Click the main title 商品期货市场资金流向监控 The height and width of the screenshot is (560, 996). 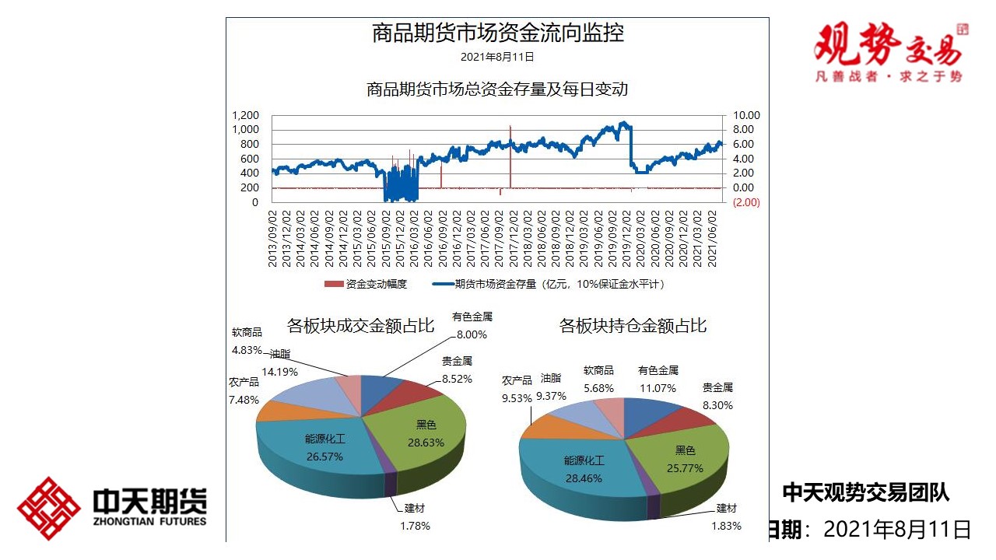pyautogui.click(x=498, y=33)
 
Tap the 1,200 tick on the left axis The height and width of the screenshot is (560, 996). pyautogui.click(x=245, y=115)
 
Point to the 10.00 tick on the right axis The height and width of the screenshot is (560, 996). pyautogui.click(x=745, y=115)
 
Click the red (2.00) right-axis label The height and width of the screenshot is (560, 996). pyautogui.click(x=745, y=202)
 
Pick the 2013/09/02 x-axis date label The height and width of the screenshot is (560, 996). pyautogui.click(x=273, y=237)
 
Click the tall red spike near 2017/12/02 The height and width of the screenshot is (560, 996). pyautogui.click(x=510, y=156)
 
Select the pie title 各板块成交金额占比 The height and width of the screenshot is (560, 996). pyautogui.click(x=361, y=325)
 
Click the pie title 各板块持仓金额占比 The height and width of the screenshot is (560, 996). pyautogui.click(x=633, y=325)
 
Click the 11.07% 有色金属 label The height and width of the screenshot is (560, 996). pyautogui.click(x=658, y=379)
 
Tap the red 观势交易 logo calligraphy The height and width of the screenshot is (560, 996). pyautogui.click(x=887, y=45)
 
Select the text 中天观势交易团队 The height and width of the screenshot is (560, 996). pyautogui.click(x=865, y=492)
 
